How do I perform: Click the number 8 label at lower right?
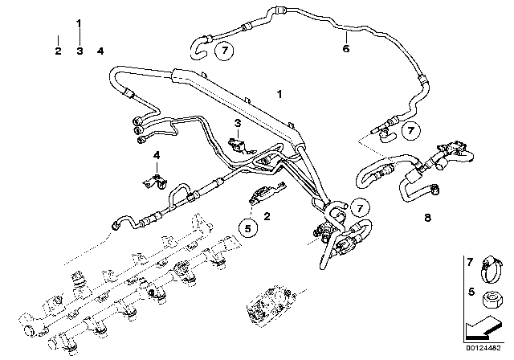click(x=426, y=216)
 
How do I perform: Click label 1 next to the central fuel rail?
click(x=279, y=95)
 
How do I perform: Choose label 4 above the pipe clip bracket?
click(x=157, y=154)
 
